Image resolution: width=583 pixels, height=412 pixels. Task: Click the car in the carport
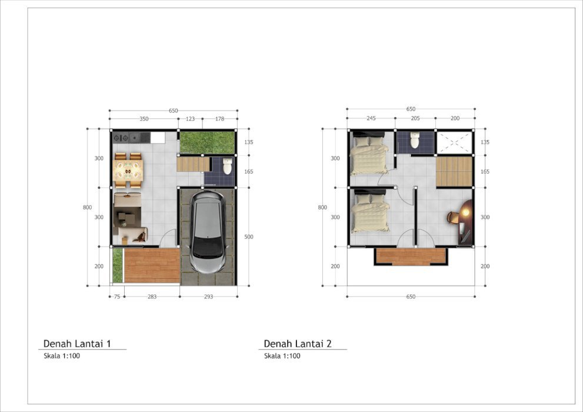coord(208,232)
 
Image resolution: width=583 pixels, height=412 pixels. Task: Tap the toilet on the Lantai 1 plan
coord(227,166)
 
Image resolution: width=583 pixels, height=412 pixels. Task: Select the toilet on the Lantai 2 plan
coord(415,140)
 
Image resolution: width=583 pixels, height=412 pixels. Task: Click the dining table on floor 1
coord(128,170)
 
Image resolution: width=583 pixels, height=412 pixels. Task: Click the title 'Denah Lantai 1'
coord(77,344)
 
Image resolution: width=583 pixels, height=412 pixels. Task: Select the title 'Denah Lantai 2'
coord(298,344)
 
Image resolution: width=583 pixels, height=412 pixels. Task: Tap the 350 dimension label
coord(144,119)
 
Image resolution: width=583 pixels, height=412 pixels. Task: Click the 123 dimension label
coord(190,119)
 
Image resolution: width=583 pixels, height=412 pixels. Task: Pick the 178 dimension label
coord(220,119)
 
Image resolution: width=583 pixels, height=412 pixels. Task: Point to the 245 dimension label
coord(371,118)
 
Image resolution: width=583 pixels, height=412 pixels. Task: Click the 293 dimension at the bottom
coord(209,297)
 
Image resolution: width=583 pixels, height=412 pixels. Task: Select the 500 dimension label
coord(249,237)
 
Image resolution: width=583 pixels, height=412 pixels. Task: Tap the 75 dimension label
coord(117,297)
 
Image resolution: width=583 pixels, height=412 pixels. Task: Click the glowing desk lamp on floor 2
coord(465,212)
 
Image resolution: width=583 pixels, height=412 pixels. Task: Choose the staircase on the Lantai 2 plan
coord(454,171)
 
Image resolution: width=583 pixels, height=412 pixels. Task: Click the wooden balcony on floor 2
coord(411,257)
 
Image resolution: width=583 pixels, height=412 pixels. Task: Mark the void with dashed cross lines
coord(454,143)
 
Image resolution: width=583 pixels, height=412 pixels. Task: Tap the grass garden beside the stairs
coord(207,142)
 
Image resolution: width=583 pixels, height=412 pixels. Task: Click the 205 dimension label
coord(415,118)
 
